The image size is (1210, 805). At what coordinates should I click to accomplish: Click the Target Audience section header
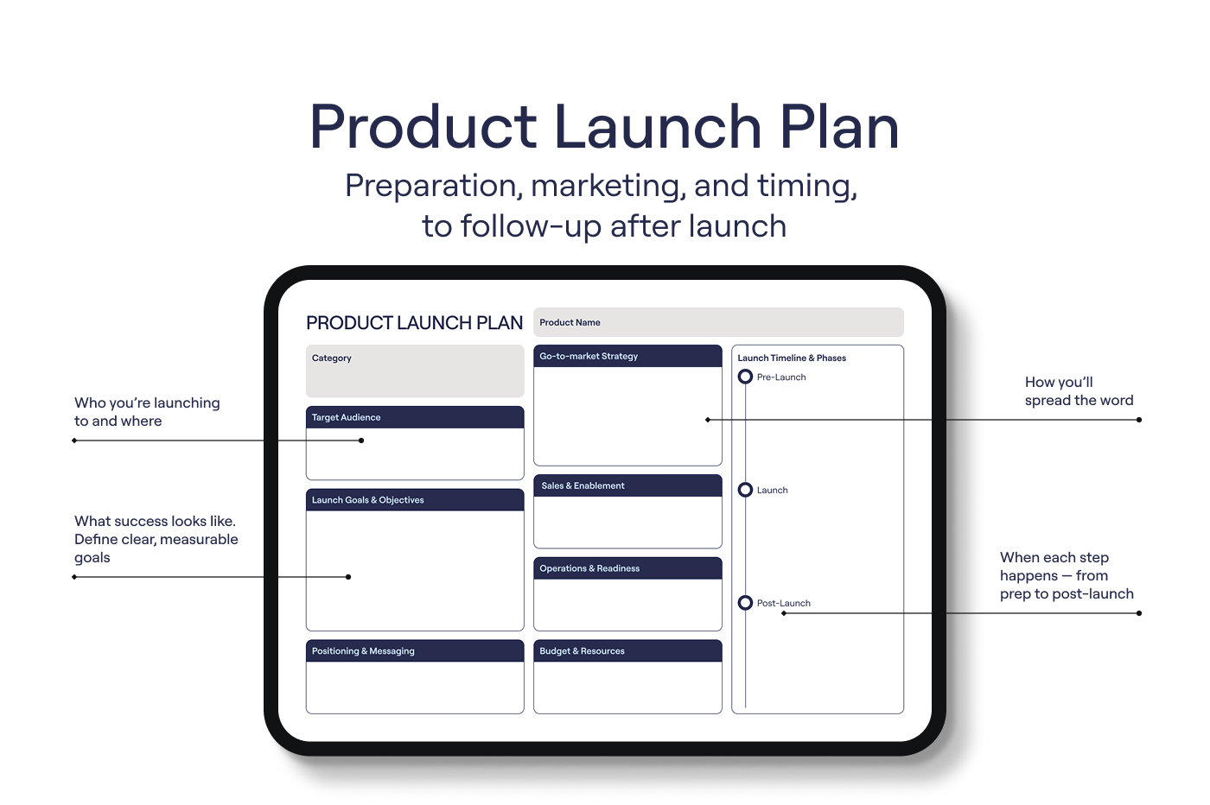(415, 417)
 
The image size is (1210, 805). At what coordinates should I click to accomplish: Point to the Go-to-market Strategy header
(627, 357)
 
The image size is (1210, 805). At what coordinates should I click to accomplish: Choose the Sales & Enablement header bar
(627, 485)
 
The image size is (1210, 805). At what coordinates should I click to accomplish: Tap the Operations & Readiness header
(627, 568)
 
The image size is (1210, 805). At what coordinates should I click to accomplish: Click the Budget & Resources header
(627, 650)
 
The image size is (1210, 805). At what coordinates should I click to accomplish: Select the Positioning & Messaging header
(415, 650)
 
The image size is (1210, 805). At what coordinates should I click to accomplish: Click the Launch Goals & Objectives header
(415, 500)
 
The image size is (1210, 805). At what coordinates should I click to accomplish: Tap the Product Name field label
(570, 322)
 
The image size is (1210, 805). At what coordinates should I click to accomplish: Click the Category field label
(332, 358)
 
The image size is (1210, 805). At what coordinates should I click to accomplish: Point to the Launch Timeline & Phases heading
(792, 358)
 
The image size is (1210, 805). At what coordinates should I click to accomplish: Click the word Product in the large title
(423, 126)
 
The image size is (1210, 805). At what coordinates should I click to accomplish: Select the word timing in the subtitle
(807, 187)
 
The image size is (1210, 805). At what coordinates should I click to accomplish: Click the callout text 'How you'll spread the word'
(1079, 391)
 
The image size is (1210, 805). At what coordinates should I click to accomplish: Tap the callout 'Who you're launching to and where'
(147, 412)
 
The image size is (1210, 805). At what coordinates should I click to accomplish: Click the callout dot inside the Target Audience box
(361, 441)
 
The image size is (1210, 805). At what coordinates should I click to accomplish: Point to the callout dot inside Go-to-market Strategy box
(708, 420)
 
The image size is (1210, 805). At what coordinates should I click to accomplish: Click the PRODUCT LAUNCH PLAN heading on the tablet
(414, 323)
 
